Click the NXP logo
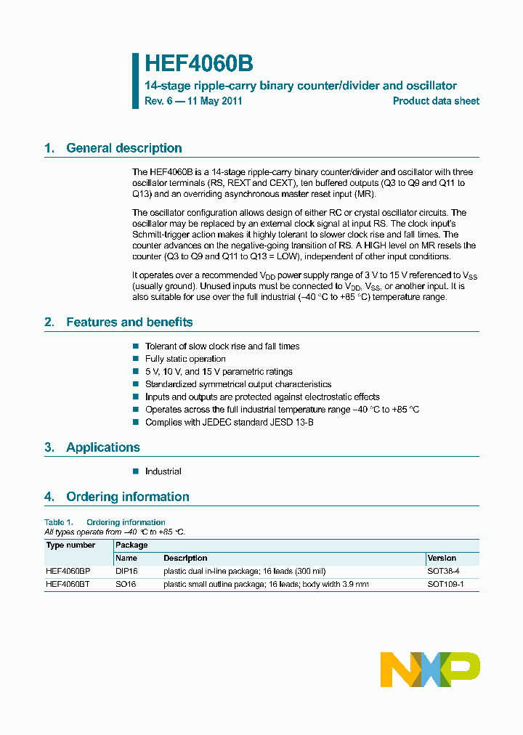click(430, 670)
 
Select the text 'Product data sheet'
click(436, 102)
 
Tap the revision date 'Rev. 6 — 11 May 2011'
click(193, 102)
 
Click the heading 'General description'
click(123, 148)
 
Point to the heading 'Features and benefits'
click(129, 322)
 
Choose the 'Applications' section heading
click(102, 447)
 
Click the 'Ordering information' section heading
click(127, 497)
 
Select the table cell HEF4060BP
click(68, 572)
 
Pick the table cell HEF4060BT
click(68, 584)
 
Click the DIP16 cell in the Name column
click(126, 572)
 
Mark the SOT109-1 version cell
click(445, 584)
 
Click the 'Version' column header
click(442, 559)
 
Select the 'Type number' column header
click(70, 545)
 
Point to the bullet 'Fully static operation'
click(185, 359)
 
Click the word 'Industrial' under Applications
click(163, 471)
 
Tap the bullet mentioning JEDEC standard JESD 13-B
click(229, 422)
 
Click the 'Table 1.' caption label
click(59, 522)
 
